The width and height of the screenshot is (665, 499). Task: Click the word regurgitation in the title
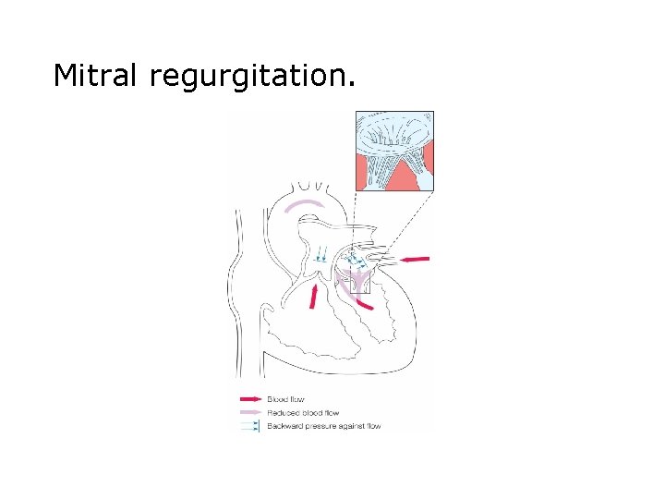click(250, 76)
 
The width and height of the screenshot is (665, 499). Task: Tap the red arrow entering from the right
click(416, 258)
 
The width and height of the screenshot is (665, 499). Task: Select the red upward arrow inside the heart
click(315, 296)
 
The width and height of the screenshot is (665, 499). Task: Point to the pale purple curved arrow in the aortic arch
click(305, 204)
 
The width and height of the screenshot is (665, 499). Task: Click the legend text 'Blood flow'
click(286, 399)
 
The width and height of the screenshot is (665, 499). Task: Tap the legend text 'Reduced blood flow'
click(303, 413)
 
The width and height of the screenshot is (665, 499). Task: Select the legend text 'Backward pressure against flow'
click(324, 426)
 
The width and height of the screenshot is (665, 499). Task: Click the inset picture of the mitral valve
click(394, 151)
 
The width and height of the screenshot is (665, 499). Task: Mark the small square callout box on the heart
click(359, 284)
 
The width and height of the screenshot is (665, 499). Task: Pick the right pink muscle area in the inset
click(425, 176)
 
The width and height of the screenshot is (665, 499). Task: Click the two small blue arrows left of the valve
click(320, 253)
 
